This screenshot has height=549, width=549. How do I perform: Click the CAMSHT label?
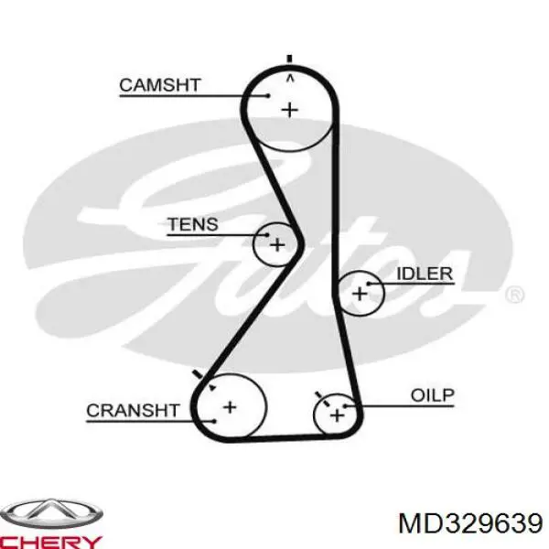click(159, 85)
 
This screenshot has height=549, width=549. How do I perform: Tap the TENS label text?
click(193, 224)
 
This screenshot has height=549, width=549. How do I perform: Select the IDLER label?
click(425, 274)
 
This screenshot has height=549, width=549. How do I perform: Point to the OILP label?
click(433, 395)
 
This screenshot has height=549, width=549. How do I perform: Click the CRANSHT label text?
click(133, 410)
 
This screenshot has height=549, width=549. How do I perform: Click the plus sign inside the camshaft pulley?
click(290, 111)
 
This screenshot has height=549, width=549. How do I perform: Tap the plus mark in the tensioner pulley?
click(277, 244)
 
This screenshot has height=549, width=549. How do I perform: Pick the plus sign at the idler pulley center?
click(360, 294)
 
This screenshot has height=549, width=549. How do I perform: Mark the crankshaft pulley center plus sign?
click(230, 407)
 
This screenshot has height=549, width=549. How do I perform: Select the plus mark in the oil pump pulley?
click(337, 415)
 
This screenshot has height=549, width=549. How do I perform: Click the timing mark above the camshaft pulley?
click(289, 59)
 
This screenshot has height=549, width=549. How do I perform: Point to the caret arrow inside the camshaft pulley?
click(290, 80)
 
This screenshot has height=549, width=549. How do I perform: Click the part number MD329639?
click(471, 523)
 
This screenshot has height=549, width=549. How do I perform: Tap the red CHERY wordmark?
click(50, 542)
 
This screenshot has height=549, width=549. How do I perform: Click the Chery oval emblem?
click(51, 514)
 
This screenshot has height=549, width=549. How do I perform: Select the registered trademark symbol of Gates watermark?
click(514, 295)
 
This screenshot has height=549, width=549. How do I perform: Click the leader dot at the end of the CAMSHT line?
click(268, 95)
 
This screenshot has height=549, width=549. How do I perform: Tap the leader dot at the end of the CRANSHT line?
click(214, 421)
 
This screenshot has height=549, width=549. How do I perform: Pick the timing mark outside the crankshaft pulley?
click(198, 374)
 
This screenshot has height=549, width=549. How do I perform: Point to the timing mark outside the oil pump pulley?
click(318, 395)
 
